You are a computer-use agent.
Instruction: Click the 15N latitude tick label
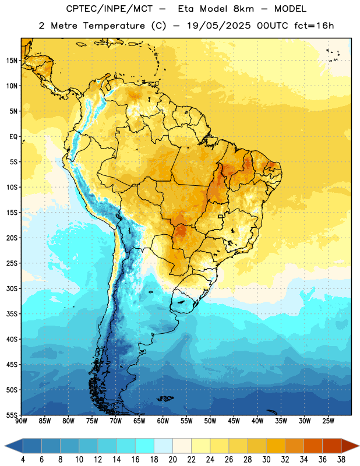tap(12, 61)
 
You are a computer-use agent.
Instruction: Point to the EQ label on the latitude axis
tap(13, 137)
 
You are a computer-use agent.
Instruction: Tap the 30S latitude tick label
tap(12, 288)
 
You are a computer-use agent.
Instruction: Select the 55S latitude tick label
tap(12, 415)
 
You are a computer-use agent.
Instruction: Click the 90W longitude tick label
tap(21, 421)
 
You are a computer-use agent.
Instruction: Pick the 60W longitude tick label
tap(163, 421)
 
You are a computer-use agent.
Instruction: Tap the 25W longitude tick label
tap(328, 421)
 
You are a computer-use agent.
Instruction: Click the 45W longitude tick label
tap(234, 421)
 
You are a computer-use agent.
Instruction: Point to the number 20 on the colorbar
tap(172, 460)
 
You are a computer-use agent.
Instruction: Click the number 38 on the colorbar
tap(341, 460)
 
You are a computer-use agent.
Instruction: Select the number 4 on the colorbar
tap(23, 460)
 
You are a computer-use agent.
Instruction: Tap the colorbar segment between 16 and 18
tap(145, 446)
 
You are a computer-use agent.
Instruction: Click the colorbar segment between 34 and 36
tap(313, 446)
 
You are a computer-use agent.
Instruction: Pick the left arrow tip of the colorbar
tap(5, 446)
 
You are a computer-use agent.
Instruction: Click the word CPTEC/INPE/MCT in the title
tap(110, 9)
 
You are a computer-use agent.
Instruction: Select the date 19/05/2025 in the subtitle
tap(218, 26)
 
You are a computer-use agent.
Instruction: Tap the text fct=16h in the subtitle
tap(314, 26)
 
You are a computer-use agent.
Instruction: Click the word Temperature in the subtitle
tap(114, 26)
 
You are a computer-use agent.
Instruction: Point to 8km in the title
tap(243, 9)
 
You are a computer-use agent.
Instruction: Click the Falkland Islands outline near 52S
tap(165, 398)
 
